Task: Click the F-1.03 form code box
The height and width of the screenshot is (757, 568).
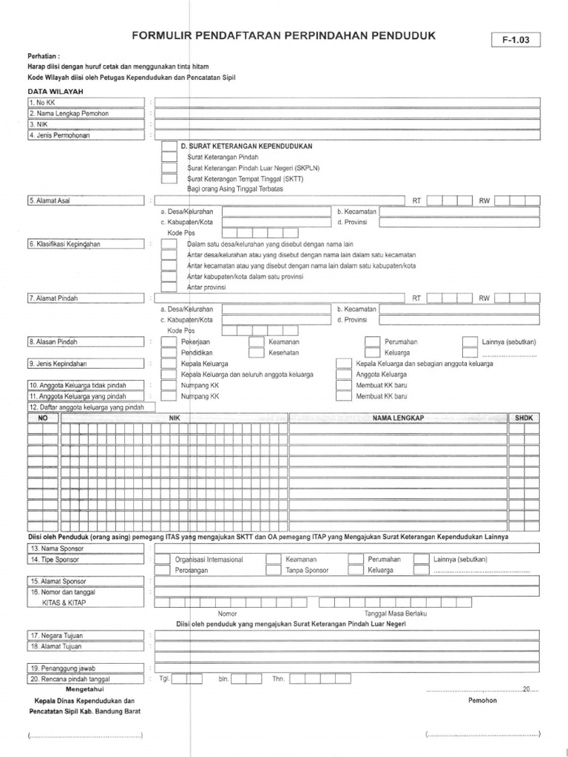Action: [515, 40]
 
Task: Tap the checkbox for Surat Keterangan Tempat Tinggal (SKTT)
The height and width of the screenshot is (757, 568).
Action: [169, 179]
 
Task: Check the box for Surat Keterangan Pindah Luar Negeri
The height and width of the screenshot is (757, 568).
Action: [169, 168]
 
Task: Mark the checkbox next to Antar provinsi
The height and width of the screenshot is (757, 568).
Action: [169, 287]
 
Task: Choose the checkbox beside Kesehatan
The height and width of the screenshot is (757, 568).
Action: [257, 353]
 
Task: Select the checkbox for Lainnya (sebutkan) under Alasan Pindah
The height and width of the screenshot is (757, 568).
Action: [470, 342]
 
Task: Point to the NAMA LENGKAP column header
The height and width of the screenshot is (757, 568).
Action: [398, 418]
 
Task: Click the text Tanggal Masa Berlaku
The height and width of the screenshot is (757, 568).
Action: [396, 614]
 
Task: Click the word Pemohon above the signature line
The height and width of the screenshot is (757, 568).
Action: [482, 700]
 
